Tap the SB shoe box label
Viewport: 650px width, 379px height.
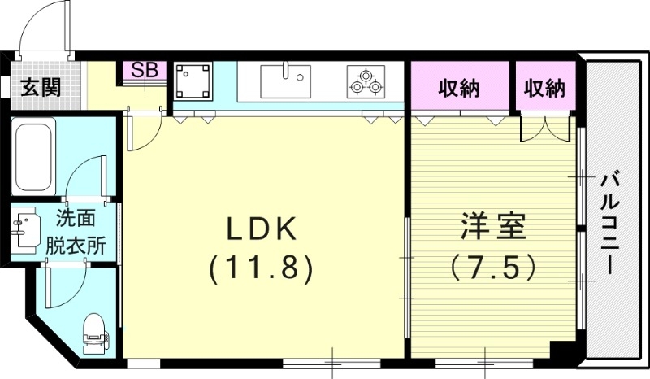click(x=145, y=70)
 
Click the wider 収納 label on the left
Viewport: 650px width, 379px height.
click(x=460, y=87)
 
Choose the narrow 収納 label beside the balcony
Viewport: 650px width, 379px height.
click(x=544, y=87)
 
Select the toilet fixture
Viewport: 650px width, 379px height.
click(x=94, y=332)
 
